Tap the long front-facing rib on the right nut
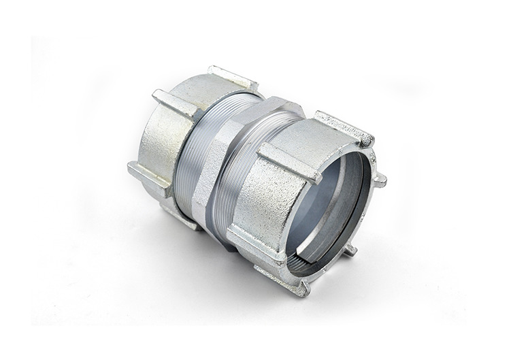pyautogui.click(x=289, y=163)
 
